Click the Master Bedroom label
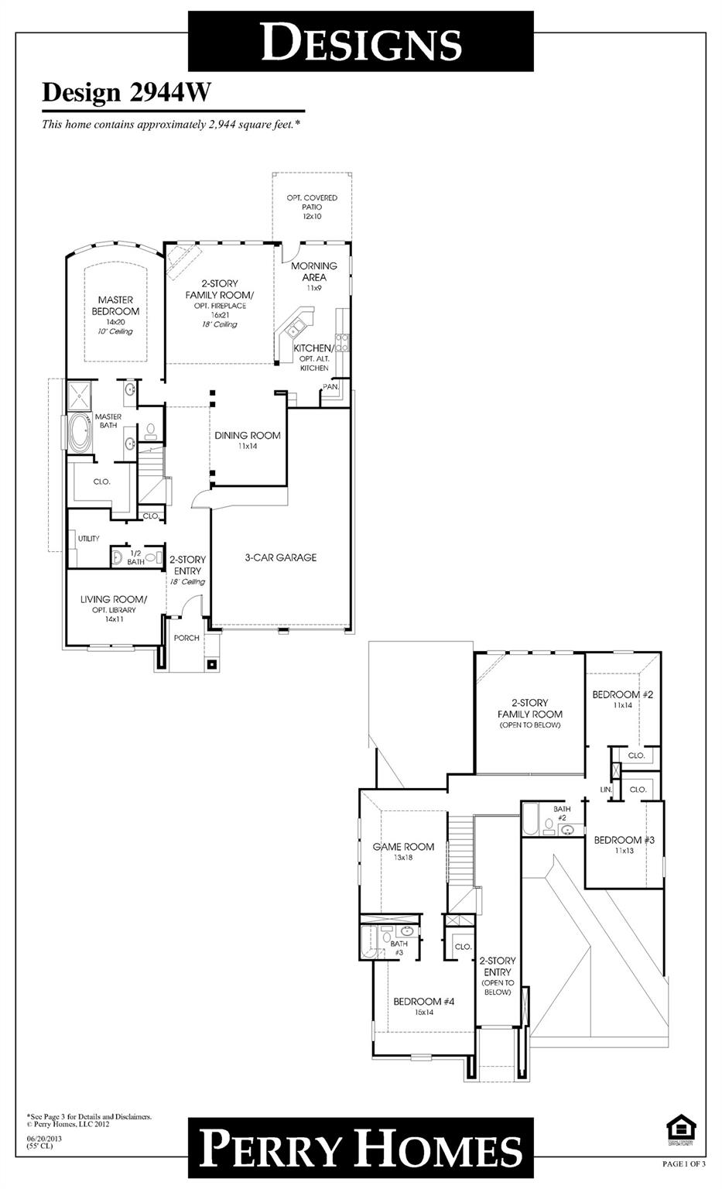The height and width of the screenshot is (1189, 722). coord(115,306)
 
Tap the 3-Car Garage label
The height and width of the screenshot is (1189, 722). coord(280,557)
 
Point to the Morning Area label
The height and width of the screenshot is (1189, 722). coord(313,272)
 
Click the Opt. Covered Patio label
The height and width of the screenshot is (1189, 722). coord(312,207)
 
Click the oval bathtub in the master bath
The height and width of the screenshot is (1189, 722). coord(79,433)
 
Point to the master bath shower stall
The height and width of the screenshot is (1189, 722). coord(77,397)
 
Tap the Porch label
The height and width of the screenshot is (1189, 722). coord(186,638)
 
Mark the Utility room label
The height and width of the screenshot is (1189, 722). coord(88,538)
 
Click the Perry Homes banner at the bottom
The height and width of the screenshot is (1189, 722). coord(361,1150)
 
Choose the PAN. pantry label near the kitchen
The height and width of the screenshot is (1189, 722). coord(330,385)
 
